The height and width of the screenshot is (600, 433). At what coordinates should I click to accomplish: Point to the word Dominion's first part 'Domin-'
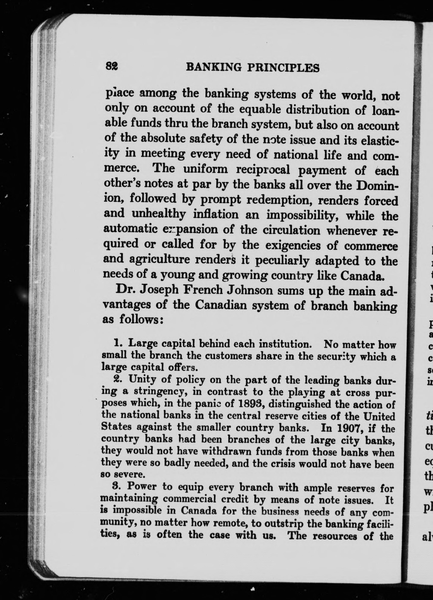coord(377,186)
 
